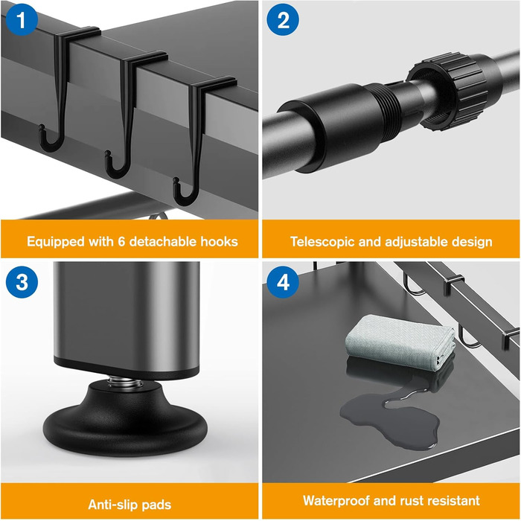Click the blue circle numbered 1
pyautogui.click(x=22, y=19)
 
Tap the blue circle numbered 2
pyautogui.click(x=283, y=19)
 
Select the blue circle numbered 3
pyautogui.click(x=22, y=282)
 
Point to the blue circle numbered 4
pyautogui.click(x=283, y=282)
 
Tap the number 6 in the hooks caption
pyautogui.click(x=121, y=242)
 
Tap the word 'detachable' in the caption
pyautogui.click(x=163, y=242)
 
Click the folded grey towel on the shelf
pyautogui.click(x=400, y=342)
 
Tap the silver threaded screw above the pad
pyautogui.click(x=125, y=381)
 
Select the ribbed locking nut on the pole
pyautogui.click(x=449, y=92)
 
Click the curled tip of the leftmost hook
pyautogui.click(x=41, y=127)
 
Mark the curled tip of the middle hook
pyautogui.click(x=107, y=153)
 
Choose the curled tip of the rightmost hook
pyautogui.click(x=176, y=181)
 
